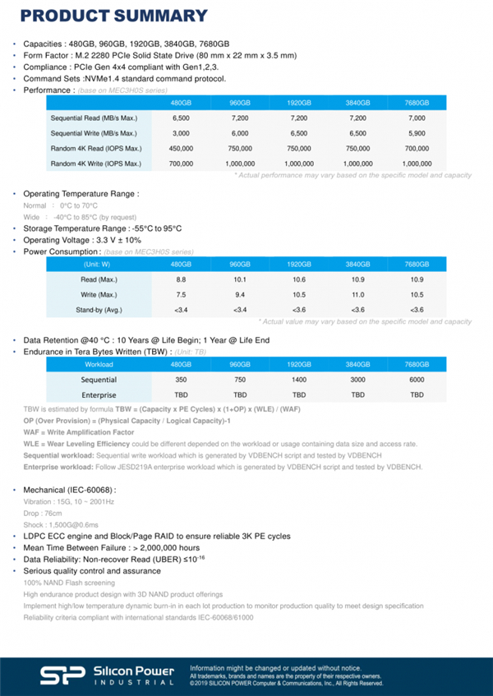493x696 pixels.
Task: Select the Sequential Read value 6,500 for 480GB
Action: point(181,118)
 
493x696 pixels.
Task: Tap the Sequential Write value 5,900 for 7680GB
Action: point(417,133)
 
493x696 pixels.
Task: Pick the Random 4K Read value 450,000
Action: point(181,149)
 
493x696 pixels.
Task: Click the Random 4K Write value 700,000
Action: point(181,164)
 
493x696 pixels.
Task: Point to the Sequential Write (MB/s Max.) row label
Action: point(94,133)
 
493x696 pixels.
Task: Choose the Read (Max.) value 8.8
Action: point(181,279)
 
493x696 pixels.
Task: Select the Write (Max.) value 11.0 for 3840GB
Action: point(357,294)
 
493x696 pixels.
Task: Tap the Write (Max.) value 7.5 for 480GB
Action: point(181,294)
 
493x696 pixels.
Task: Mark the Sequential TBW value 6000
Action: point(417,380)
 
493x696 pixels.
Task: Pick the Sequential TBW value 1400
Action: point(298,380)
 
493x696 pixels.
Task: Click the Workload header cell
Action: point(99,364)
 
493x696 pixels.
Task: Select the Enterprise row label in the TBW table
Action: point(99,395)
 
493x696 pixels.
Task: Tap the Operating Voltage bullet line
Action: point(87,240)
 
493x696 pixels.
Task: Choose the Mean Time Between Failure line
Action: point(111,547)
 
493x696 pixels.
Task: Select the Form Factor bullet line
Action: point(159,55)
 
